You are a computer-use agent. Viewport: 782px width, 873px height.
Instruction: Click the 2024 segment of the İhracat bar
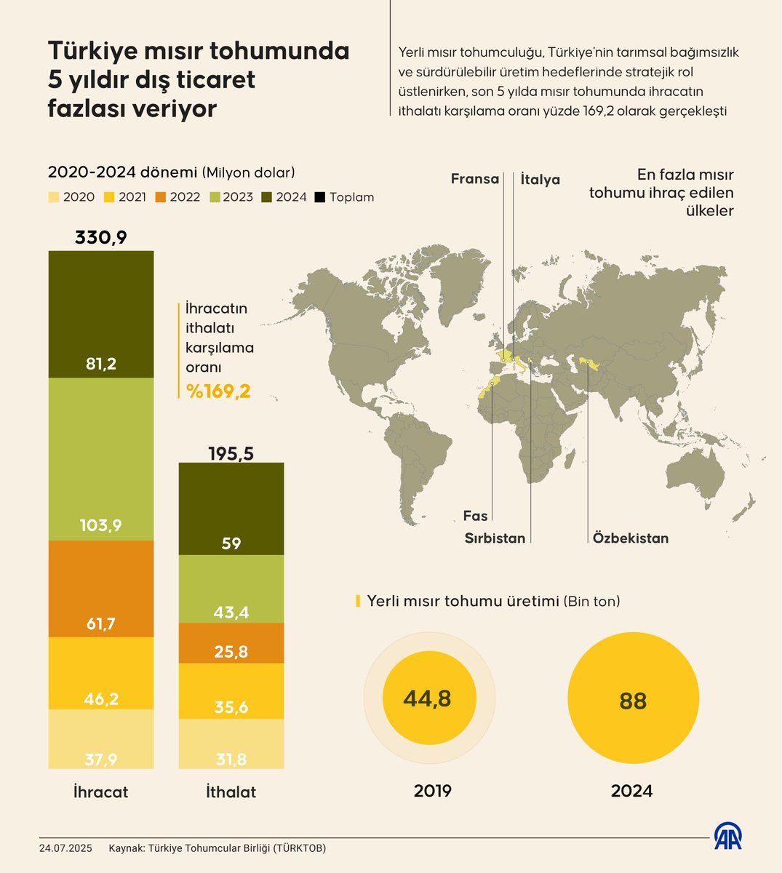[101, 314]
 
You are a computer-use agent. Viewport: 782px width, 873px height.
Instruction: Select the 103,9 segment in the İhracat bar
[101, 459]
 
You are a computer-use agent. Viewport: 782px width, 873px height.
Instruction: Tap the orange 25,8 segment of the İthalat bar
[231, 643]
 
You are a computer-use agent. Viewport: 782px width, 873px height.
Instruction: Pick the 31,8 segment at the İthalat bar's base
[231, 744]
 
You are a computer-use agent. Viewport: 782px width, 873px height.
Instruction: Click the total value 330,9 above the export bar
[101, 238]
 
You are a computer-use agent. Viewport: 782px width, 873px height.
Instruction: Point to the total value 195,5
[231, 453]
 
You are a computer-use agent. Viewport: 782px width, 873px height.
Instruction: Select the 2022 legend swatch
[161, 197]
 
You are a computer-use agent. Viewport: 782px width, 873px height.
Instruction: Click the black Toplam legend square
[320, 197]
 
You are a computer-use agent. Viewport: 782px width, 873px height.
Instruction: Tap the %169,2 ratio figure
[218, 391]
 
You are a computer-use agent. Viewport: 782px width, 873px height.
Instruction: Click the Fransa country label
[474, 179]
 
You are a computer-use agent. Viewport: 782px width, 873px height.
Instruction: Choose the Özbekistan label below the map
[630, 538]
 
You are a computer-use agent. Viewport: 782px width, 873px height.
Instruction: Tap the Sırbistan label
[495, 538]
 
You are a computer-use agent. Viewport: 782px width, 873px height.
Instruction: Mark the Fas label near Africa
[475, 516]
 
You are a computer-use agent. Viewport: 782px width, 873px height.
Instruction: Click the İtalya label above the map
[540, 180]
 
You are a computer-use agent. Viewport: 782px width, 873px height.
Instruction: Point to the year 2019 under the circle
[433, 791]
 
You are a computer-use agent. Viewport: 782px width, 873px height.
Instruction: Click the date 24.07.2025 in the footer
[65, 848]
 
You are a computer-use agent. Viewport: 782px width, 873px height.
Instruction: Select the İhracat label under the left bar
[101, 792]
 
